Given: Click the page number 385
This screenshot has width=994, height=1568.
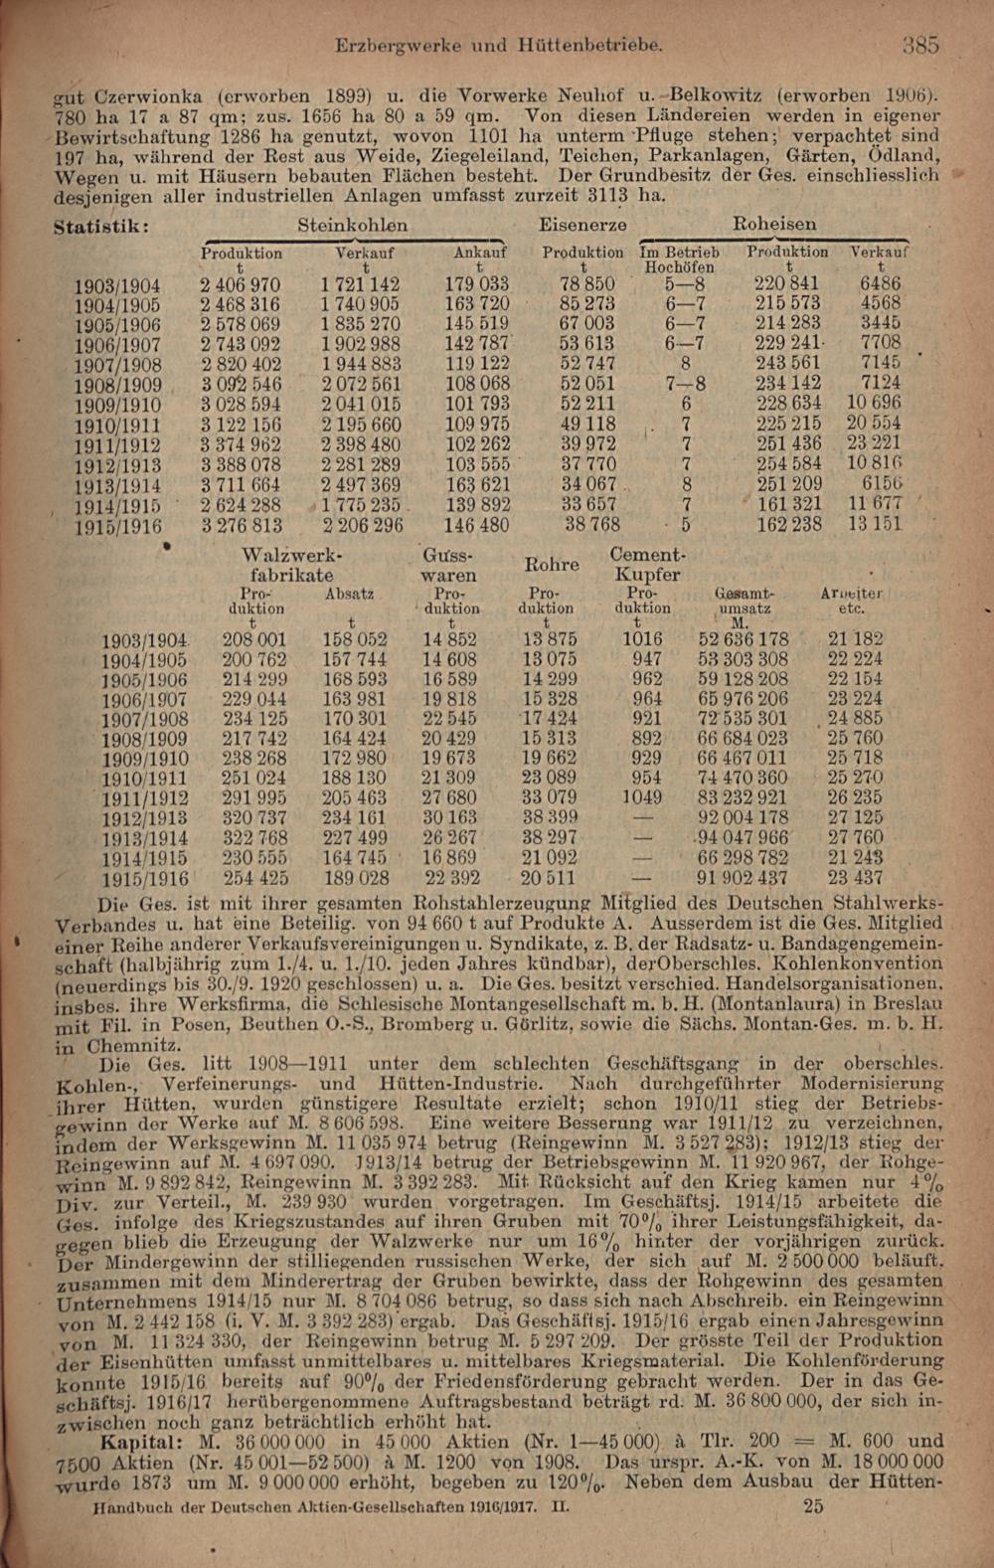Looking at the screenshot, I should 920,45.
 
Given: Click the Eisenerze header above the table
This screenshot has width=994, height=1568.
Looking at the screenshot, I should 582,225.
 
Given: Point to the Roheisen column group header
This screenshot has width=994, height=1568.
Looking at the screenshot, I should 773,225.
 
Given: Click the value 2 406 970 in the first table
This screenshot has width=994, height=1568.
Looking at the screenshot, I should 240,284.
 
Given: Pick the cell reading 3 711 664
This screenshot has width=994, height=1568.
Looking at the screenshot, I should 240,484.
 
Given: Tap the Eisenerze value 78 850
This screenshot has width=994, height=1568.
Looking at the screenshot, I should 586,284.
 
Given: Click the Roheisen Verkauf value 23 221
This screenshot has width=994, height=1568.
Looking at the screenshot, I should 874,444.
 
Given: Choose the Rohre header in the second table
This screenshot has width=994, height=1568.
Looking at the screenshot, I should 552,565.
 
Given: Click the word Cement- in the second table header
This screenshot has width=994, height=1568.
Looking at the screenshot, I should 646,555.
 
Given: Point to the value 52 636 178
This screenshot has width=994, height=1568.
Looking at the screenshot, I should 743,639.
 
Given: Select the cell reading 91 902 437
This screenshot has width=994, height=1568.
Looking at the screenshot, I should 743,878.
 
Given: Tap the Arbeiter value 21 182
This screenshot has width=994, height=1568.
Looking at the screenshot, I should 854,639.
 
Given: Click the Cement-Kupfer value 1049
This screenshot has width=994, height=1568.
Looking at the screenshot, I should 642,797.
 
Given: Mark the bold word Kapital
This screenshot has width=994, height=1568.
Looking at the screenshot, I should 140,1441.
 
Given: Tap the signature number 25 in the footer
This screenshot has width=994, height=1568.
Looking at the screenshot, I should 812,1506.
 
